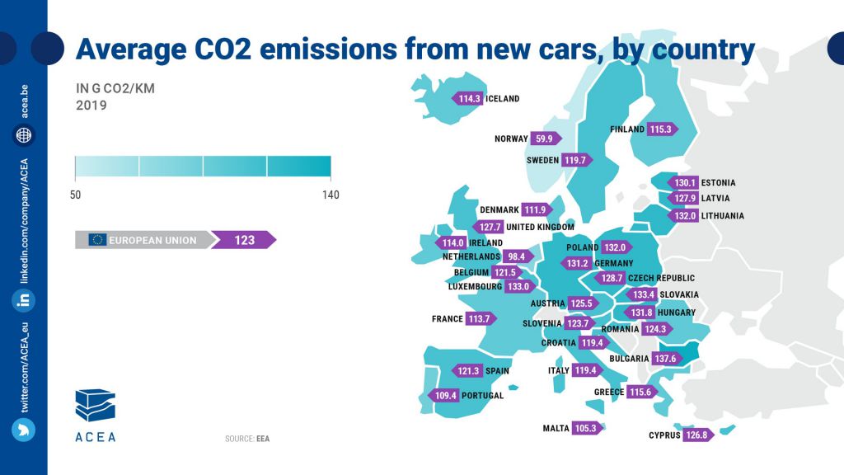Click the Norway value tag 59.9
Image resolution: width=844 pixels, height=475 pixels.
pos(544,139)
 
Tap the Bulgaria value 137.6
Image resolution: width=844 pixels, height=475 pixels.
pos(664,359)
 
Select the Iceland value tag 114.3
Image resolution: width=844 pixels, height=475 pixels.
pos(468,98)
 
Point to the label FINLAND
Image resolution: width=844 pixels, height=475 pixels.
pos(628,129)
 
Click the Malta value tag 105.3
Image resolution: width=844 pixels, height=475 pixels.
pos(587,428)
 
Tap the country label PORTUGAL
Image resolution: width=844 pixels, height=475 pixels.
pos(484,396)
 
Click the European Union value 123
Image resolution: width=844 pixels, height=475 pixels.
pos(243,240)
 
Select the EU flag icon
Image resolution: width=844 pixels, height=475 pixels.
pos(97,240)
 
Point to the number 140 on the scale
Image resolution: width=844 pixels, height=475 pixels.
pos(331,195)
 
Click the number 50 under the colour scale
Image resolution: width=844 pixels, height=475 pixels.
pos(75,195)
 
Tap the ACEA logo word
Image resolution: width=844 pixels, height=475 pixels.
pos(95,436)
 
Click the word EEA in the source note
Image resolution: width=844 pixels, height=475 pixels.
pos(263,439)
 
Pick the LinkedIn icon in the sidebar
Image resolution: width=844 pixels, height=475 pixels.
pos(23,300)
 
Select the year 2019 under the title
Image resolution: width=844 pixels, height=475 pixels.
pos(91,106)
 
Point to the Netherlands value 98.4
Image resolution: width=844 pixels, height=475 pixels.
pos(520,256)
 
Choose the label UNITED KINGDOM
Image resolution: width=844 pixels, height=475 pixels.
pos(539,227)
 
